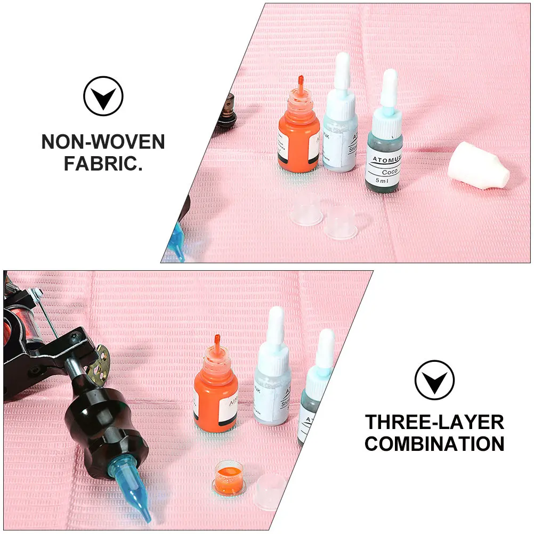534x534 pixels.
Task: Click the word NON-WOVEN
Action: [103, 142]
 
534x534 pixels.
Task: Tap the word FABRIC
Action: [103, 163]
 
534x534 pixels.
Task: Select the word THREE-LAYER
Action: [434, 422]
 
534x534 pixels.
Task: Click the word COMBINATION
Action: [434, 443]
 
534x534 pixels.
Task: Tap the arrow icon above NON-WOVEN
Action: [103, 96]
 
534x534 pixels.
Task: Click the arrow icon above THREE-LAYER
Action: [434, 380]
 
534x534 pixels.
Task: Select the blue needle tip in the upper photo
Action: [176, 243]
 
